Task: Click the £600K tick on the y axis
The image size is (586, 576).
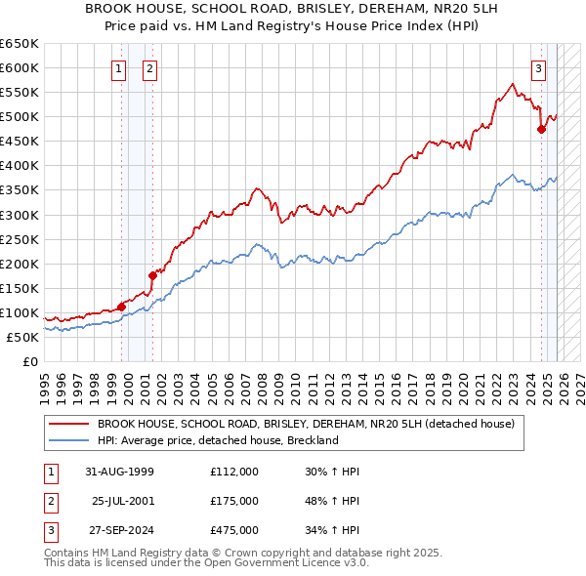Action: point(20,67)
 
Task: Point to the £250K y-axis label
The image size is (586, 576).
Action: point(20,239)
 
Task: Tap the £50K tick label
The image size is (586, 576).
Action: point(22,337)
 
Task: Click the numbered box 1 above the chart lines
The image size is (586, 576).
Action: point(118,68)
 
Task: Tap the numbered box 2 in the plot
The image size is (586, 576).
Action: point(149,68)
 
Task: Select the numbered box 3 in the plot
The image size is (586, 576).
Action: point(538,68)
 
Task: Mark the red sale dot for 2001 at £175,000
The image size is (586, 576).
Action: point(153,275)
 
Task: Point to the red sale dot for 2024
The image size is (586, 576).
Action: point(541,128)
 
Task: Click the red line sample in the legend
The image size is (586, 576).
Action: point(69,424)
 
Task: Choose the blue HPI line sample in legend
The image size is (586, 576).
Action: point(69,440)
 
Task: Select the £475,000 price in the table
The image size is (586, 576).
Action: point(234,530)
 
